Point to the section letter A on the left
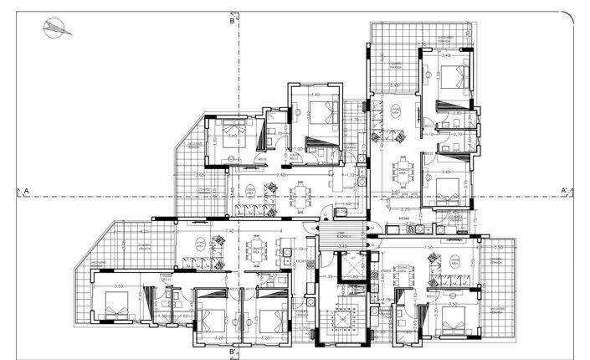pos(27,192)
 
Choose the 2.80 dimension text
pos(457,114)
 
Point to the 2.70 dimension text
pos(457,134)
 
